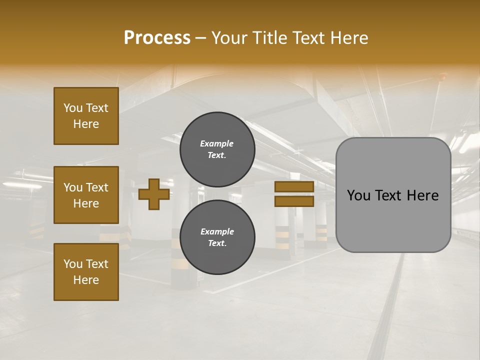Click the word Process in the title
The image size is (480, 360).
157,38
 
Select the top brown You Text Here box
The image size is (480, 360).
86,116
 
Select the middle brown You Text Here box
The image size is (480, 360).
86,195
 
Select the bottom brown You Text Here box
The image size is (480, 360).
86,272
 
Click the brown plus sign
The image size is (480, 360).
154,194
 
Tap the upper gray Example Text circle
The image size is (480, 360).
217,149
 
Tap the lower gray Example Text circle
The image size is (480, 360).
217,237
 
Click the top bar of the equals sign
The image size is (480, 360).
294,187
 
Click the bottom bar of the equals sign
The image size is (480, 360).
294,201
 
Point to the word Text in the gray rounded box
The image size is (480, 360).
391,195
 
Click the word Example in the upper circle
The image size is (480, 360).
217,143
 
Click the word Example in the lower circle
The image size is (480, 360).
217,231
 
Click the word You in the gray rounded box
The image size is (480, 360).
359,195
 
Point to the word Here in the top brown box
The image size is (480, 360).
86,124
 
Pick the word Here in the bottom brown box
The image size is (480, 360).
86,280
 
